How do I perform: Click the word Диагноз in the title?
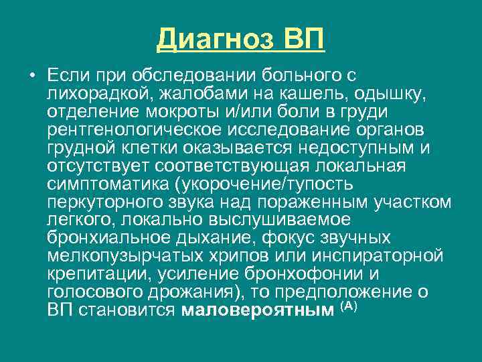(214, 39)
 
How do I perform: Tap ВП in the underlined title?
(303, 39)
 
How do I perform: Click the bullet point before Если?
(32, 73)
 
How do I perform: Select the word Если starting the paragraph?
(66, 73)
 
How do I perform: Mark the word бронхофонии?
(309, 275)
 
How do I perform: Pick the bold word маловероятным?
(257, 311)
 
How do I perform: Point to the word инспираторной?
(380, 257)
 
